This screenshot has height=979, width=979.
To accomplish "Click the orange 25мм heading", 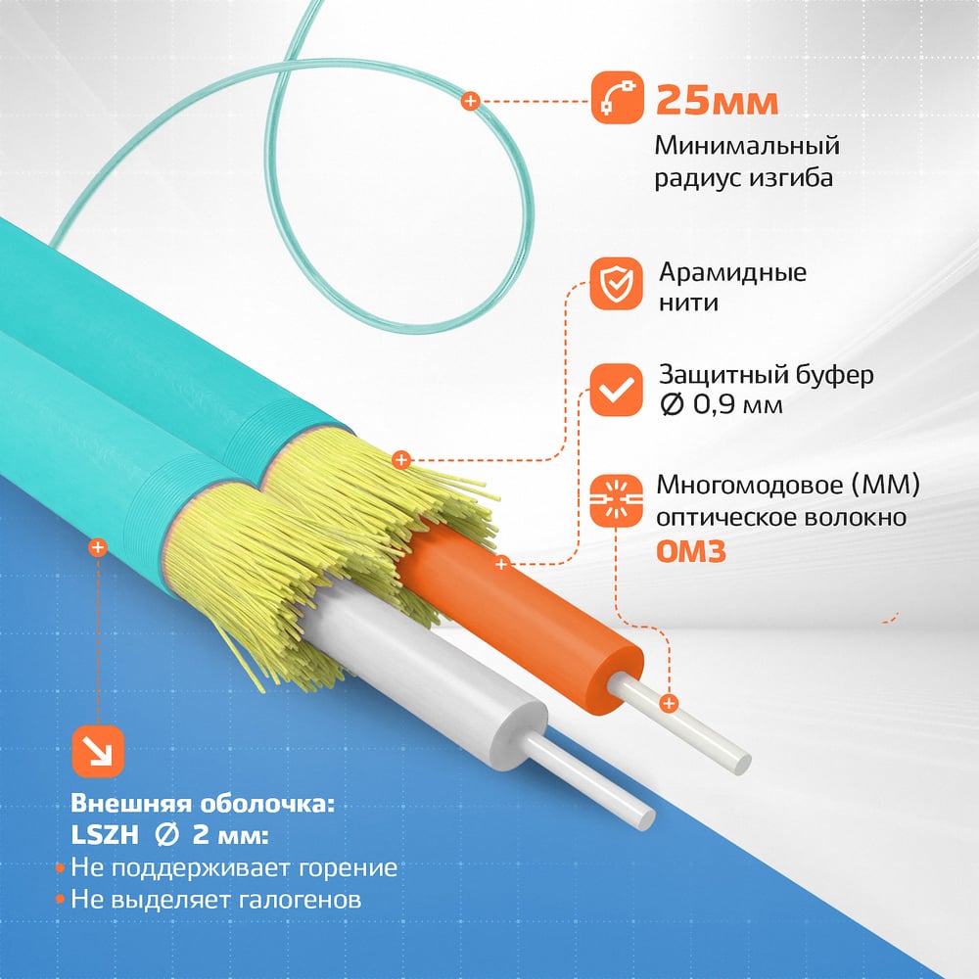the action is tap(717, 100).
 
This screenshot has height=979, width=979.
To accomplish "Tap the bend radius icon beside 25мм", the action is tap(617, 97).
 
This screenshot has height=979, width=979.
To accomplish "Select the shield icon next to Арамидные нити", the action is tap(616, 284).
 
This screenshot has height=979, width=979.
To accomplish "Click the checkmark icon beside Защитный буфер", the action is tap(616, 391).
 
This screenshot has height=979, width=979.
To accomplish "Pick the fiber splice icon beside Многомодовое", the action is tap(616, 500).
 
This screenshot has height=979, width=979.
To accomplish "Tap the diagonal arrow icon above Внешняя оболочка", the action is tap(98, 752).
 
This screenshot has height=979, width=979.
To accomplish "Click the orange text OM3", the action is tap(691, 551).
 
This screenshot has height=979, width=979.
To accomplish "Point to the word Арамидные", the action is tap(733, 273).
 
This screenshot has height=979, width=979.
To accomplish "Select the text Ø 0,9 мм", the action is tap(722, 405).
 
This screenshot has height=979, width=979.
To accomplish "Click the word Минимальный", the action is tap(747, 146).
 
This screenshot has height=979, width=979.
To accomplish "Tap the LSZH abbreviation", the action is tap(105, 835).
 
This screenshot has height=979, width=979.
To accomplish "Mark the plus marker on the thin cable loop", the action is tap(470, 101).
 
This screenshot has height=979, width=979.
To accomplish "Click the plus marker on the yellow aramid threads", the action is tap(401, 460).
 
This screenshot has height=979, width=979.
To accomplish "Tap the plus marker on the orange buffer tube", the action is tap(501, 565).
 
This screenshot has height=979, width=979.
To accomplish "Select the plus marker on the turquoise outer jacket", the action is tap(97, 547).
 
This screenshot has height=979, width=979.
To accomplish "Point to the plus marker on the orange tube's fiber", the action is tap(669, 704).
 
